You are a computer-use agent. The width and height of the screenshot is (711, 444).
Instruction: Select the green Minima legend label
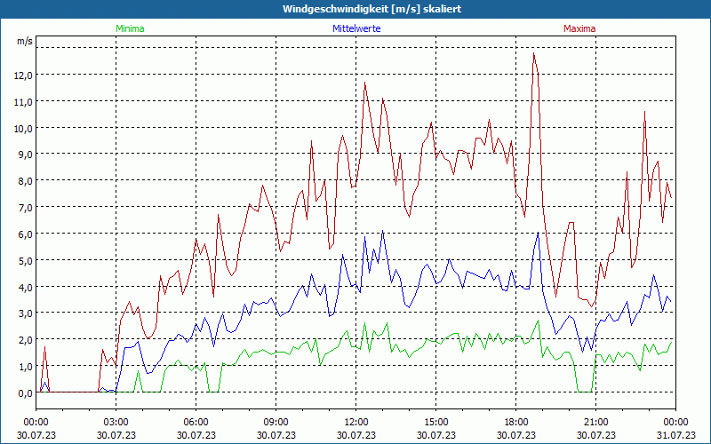129,28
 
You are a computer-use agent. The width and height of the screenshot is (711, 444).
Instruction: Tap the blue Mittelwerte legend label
357,28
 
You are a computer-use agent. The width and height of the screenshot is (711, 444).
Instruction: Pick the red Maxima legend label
579,28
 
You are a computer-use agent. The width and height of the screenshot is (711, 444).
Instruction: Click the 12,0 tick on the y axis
23,75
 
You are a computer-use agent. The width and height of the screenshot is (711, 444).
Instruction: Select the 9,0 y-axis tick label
23,155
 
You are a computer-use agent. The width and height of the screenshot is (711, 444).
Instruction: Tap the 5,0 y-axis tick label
23,260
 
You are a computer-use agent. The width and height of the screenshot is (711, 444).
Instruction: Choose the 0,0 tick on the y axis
23,392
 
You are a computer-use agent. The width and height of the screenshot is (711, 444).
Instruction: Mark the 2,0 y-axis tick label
23,340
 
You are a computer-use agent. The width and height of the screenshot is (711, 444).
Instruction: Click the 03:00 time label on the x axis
116,422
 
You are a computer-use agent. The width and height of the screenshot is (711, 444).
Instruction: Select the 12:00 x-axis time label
355,422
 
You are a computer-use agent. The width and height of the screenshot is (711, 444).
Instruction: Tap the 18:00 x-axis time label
515,422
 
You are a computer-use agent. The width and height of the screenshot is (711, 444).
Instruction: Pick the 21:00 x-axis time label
595,422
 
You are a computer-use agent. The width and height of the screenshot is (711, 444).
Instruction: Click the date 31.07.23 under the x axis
675,435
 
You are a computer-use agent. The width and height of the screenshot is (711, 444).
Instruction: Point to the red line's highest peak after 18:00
534,53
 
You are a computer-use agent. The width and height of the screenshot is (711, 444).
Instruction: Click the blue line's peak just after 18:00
537,234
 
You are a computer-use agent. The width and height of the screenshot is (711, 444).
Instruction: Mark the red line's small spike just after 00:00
44,347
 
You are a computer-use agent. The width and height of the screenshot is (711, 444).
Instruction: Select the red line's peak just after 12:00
365,83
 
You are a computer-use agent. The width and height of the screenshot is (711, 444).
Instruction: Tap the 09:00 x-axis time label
276,422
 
